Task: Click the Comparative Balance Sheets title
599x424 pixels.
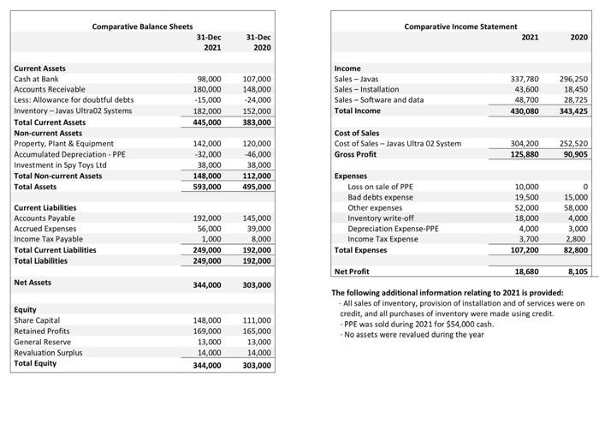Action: [x=142, y=27]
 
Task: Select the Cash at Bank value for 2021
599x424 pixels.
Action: [x=210, y=79]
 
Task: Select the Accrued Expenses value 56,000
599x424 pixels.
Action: [x=210, y=229]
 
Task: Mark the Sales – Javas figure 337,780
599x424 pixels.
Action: [x=525, y=79]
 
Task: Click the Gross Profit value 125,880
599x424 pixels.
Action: [x=524, y=154]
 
